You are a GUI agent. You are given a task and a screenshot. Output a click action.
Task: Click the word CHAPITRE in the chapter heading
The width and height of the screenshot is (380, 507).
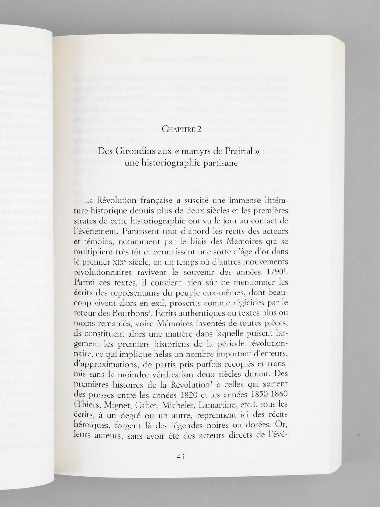click(x=177, y=129)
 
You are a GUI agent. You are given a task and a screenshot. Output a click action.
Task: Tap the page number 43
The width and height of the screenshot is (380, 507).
click(x=181, y=457)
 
